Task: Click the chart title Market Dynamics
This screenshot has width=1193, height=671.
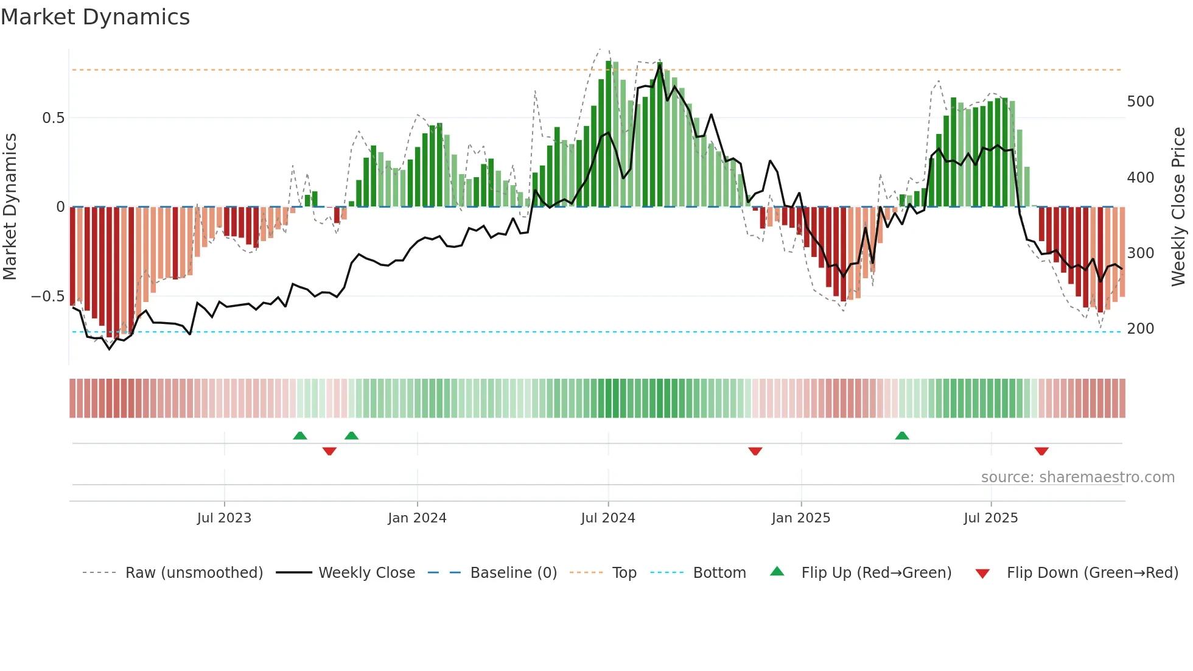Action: coord(95,17)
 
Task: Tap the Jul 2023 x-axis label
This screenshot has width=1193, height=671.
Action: coord(224,518)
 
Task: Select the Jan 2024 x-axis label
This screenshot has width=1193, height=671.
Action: coord(417,518)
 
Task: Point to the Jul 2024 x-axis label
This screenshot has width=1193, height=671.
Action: coord(607,518)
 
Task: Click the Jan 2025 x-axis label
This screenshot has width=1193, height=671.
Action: coord(800,518)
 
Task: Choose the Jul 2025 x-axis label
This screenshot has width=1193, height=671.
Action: coord(990,518)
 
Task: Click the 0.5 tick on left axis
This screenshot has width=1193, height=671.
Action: coord(53,118)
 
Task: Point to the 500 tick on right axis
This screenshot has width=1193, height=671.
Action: coord(1140,102)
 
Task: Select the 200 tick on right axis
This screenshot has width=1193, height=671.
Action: coord(1140,329)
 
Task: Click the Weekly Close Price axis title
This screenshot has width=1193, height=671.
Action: coord(1178,207)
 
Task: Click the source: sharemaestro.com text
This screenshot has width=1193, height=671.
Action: coord(1077,477)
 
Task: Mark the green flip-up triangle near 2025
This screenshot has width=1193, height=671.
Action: coord(902,435)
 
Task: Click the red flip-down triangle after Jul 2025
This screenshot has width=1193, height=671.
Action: coord(1041,451)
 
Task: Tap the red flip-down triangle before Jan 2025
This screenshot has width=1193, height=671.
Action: coord(755,451)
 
